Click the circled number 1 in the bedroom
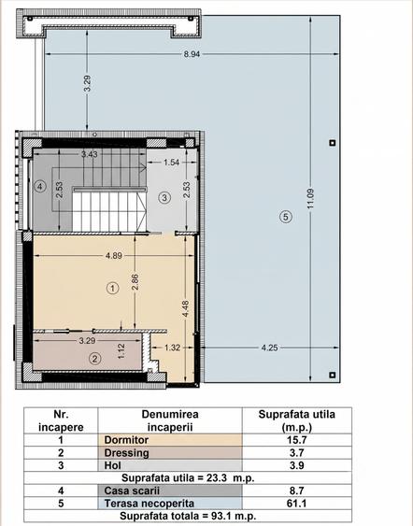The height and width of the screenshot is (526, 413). pos(113,288)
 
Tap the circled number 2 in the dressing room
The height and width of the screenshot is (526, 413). pos(94,359)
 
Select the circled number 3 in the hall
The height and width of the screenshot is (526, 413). pos(164,197)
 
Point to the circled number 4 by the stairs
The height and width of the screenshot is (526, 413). pos(40,186)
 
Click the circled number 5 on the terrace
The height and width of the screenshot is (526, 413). pos(286,217)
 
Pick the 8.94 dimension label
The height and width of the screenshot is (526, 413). pos(192,54)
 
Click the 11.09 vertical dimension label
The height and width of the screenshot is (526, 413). pos(310,198)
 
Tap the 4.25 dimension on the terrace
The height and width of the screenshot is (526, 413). pos(269,348)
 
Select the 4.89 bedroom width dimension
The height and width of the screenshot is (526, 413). pos(114,256)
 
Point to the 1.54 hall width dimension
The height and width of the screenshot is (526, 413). pos(171,163)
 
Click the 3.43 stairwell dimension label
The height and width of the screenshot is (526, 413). pos(90,154)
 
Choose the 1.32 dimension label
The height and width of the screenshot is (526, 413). pos(172,348)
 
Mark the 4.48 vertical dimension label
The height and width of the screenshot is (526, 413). pos(185,308)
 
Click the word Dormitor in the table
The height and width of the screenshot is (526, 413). pos(126,440)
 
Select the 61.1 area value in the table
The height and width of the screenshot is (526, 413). pos(297,504)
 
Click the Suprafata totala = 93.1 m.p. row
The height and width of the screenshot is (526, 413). pos(188,516)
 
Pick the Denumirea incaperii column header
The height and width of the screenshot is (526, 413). pos(170,420)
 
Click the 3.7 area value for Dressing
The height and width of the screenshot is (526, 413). pos(297,453)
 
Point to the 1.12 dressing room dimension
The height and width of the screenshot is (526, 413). pos(121,351)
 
